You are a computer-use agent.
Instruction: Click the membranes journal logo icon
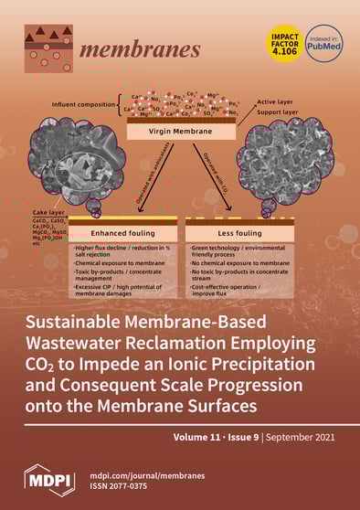pyautogui.click(x=48, y=48)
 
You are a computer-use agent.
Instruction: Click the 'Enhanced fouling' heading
pyautogui.click(x=117, y=233)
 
